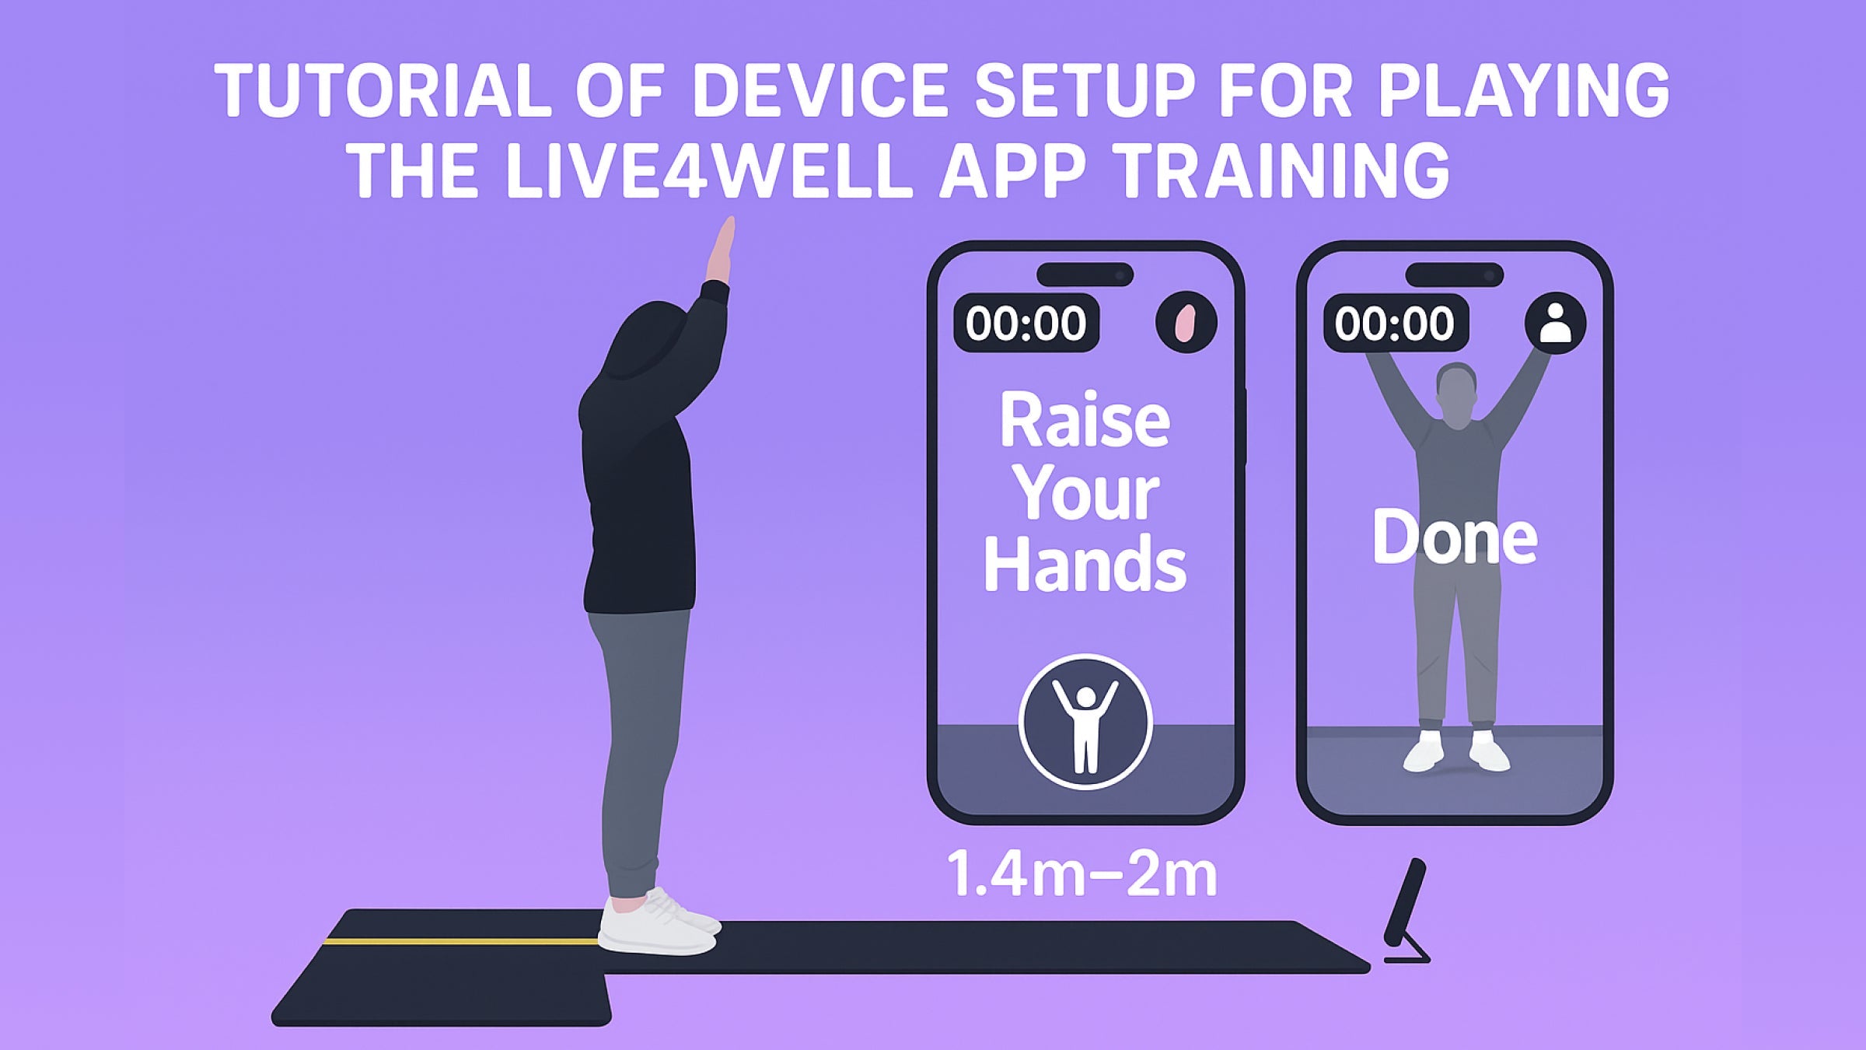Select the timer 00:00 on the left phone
tap(1026, 323)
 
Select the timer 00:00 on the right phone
tap(1395, 323)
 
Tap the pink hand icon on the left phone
tap(1186, 323)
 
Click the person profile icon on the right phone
tap(1555, 323)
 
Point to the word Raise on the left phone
tap(1085, 421)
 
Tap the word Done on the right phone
tap(1454, 537)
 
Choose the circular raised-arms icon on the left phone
tap(1085, 722)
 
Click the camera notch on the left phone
tap(1085, 275)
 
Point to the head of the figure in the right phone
tap(1455, 394)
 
